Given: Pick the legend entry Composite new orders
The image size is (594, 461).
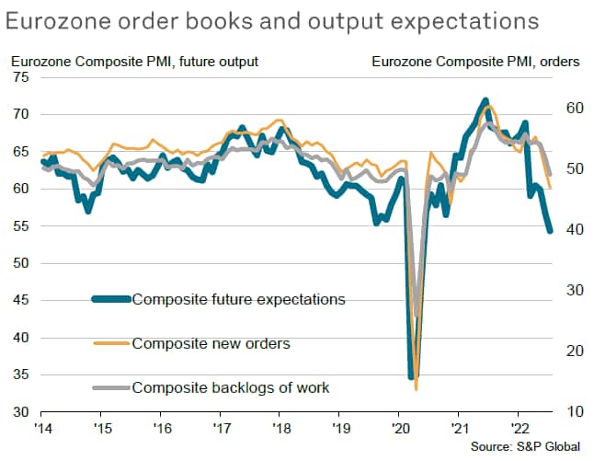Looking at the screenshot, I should tap(211, 344).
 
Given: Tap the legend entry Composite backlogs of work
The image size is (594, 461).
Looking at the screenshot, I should tap(231, 387).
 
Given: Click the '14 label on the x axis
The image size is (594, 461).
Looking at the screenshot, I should tap(43, 427).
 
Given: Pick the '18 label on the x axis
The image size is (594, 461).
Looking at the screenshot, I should tap(280, 427).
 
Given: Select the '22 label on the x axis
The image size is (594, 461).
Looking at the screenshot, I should tap(518, 427).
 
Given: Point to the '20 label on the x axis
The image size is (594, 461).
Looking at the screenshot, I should tap(399, 427).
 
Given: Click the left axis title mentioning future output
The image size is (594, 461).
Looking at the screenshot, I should tap(134, 62).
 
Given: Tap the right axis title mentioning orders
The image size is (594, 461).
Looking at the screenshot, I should tap(476, 62).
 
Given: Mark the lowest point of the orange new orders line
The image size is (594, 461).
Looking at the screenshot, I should tap(417, 388).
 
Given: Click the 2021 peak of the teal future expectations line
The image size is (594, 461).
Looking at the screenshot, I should tap(485, 99).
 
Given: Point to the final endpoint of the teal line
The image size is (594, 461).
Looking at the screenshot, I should tap(550, 231).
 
